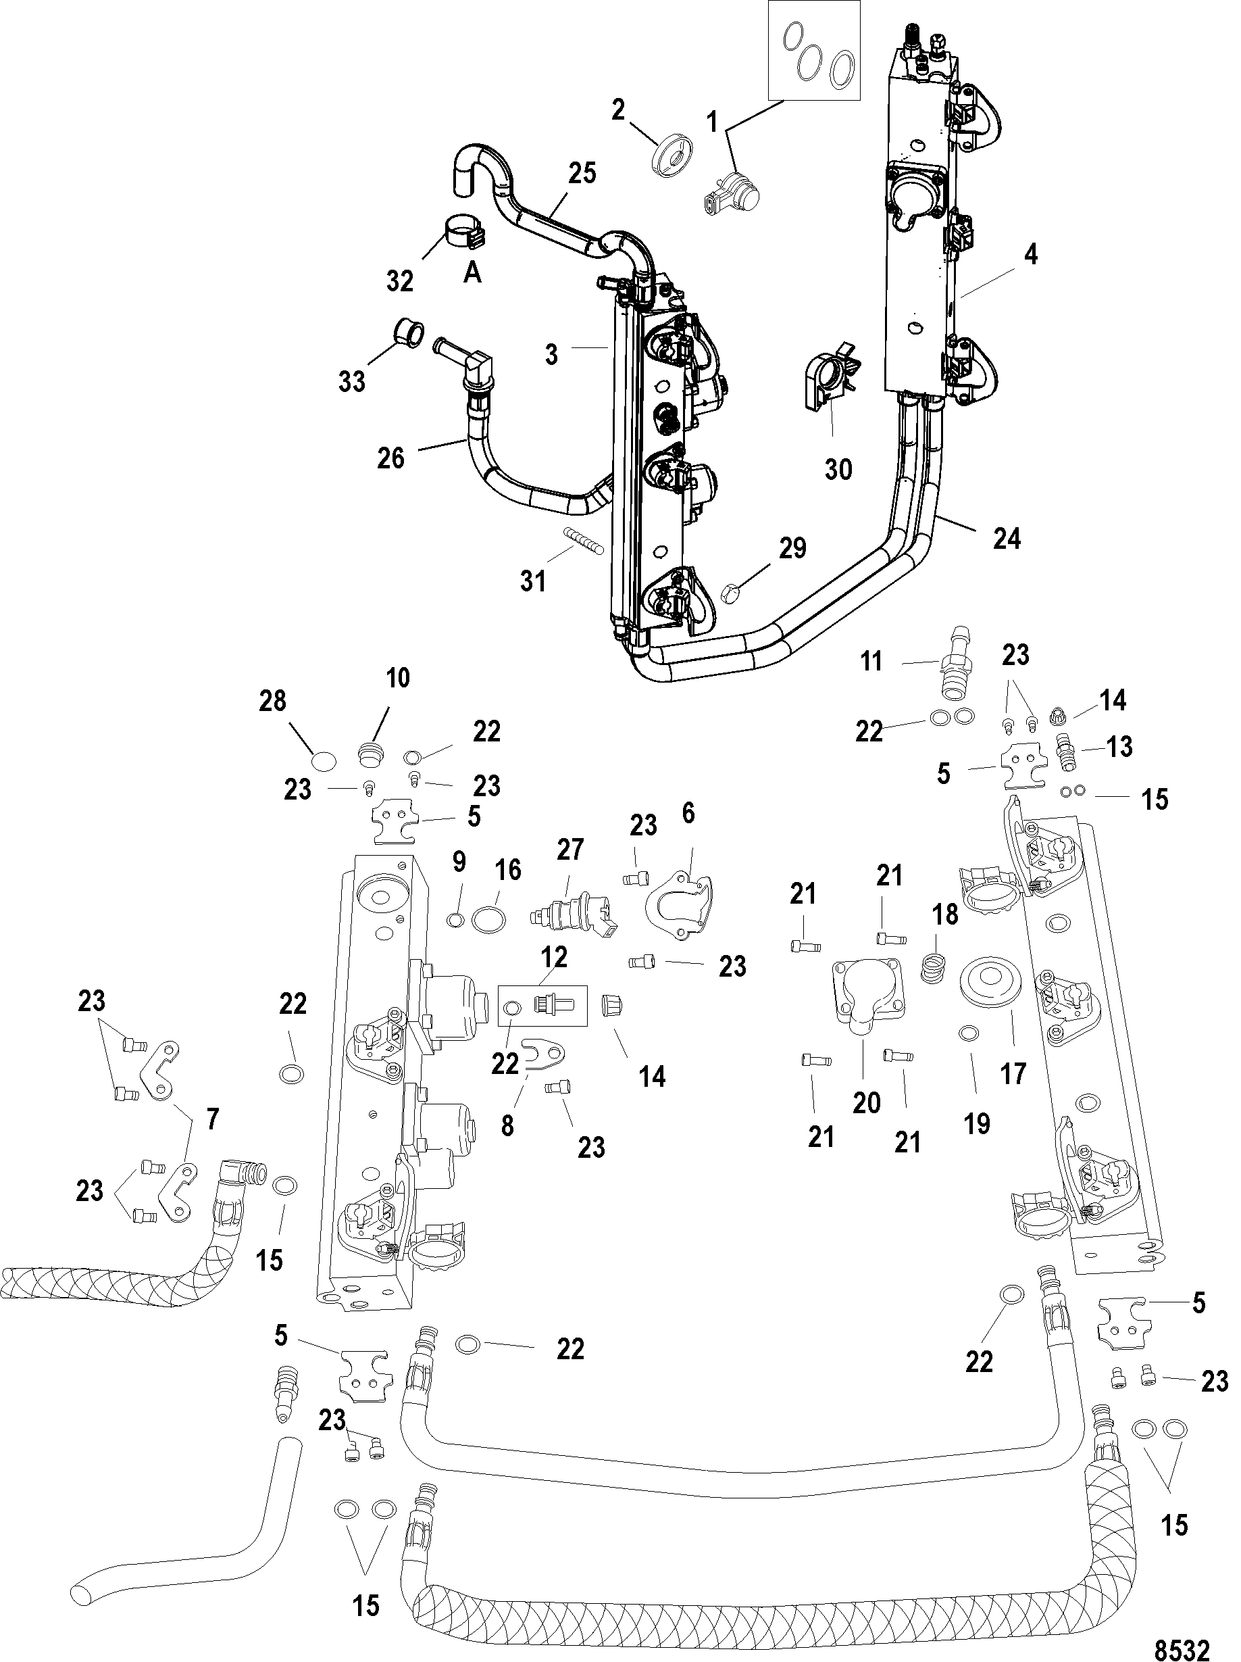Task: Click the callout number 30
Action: pyautogui.click(x=838, y=470)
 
